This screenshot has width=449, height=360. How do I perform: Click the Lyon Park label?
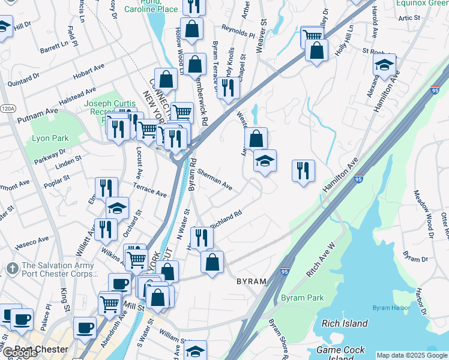point(50,139)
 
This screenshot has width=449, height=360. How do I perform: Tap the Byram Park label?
point(302,298)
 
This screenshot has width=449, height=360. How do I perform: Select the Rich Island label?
point(345,323)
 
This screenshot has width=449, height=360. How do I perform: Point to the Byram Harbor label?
point(390,308)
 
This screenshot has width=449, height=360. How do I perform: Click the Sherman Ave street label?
point(214,178)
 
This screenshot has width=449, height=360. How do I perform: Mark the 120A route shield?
point(7,109)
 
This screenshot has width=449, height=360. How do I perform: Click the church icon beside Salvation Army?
point(11,267)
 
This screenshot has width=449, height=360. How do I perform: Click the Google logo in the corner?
point(19,353)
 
